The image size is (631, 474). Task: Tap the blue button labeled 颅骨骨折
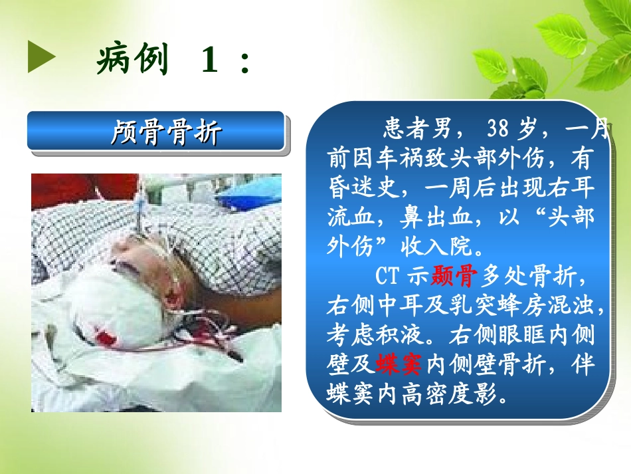click(157, 132)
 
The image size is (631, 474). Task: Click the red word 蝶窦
click(399, 364)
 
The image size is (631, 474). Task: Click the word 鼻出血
click(422, 219)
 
